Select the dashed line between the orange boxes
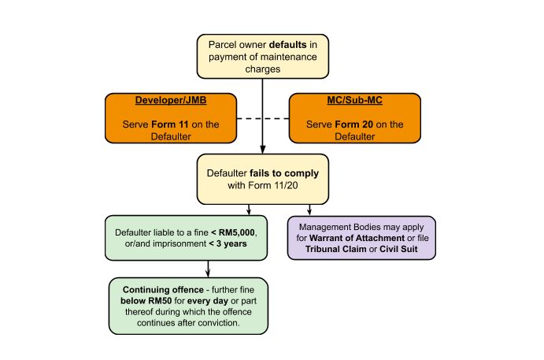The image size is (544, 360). (x=262, y=118)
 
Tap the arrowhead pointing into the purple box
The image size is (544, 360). (x=309, y=210)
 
